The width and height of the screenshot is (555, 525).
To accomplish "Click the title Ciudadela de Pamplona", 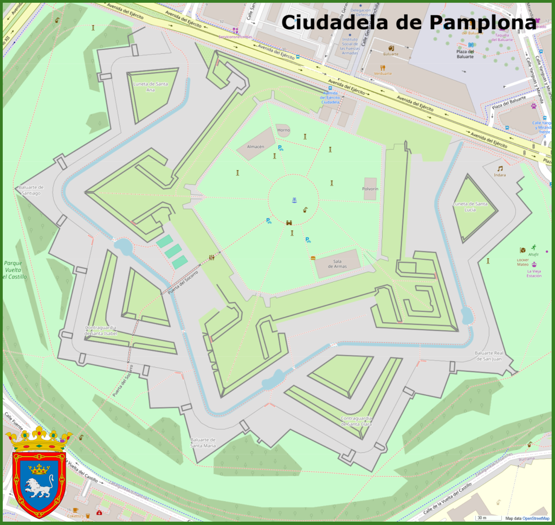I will pos(409,23).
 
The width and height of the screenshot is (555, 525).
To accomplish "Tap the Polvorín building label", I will pos(370,189).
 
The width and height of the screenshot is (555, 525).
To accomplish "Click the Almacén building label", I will pos(255,146).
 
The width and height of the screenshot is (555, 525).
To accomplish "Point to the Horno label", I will pos(283,130).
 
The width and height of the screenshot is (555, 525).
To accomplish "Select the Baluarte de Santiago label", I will pos(30,190).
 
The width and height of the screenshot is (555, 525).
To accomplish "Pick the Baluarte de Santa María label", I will pos(203,442).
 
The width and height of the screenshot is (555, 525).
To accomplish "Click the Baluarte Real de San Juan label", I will pos(489,356).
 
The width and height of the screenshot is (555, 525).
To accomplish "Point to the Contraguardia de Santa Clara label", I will pos(357,421).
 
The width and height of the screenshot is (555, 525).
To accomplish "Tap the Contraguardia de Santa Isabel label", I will pos(108,331).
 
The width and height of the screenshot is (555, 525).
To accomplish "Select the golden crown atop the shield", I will pos(38,439).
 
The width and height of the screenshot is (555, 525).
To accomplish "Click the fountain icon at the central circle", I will pos(294,200).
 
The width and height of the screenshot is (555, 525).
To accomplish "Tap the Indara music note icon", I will pos(500,169).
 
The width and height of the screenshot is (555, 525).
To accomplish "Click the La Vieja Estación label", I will pos(534,273).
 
